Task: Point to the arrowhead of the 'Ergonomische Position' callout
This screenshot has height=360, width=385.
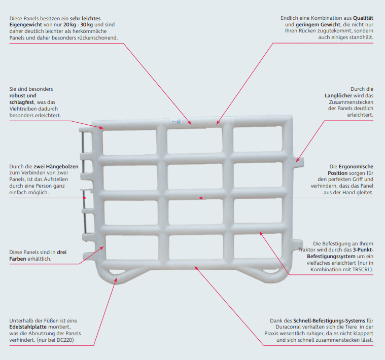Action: [x=200, y=197]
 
